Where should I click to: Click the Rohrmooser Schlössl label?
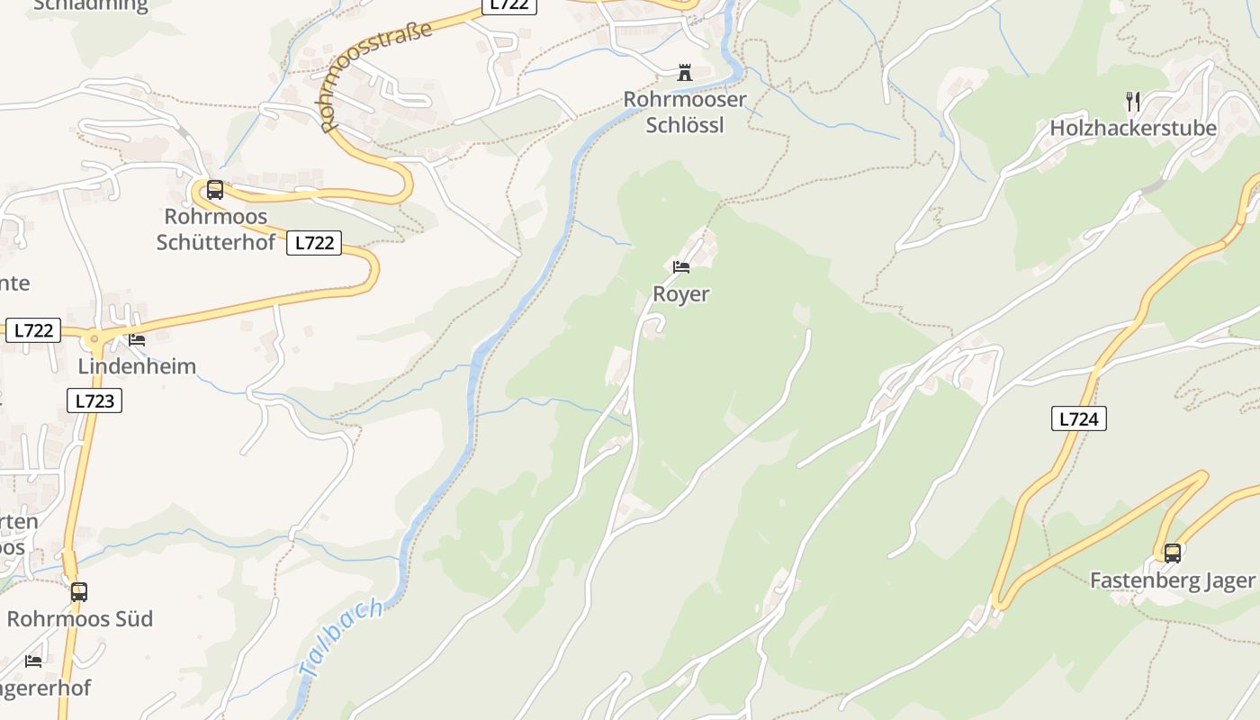pyautogui.click(x=685, y=112)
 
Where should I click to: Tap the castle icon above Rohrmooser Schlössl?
pyautogui.click(x=685, y=73)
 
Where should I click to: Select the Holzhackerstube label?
pyautogui.click(x=1133, y=128)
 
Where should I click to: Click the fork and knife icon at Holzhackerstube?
pyautogui.click(x=1133, y=101)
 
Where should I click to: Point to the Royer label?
pyautogui.click(x=680, y=294)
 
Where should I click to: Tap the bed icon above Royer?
pyautogui.click(x=681, y=266)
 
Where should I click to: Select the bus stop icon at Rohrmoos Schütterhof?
pyautogui.click(x=214, y=190)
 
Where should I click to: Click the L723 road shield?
pyautogui.click(x=94, y=400)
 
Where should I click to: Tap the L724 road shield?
pyautogui.click(x=1078, y=418)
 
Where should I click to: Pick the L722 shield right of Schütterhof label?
pyautogui.click(x=314, y=243)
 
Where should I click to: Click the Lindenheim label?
pyautogui.click(x=137, y=366)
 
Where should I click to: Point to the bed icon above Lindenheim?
pyautogui.click(x=137, y=339)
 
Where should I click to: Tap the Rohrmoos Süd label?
pyautogui.click(x=80, y=619)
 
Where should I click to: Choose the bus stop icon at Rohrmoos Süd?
pyautogui.click(x=79, y=592)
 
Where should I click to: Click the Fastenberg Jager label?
pyautogui.click(x=1172, y=580)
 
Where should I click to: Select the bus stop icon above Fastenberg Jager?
pyautogui.click(x=1172, y=553)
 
